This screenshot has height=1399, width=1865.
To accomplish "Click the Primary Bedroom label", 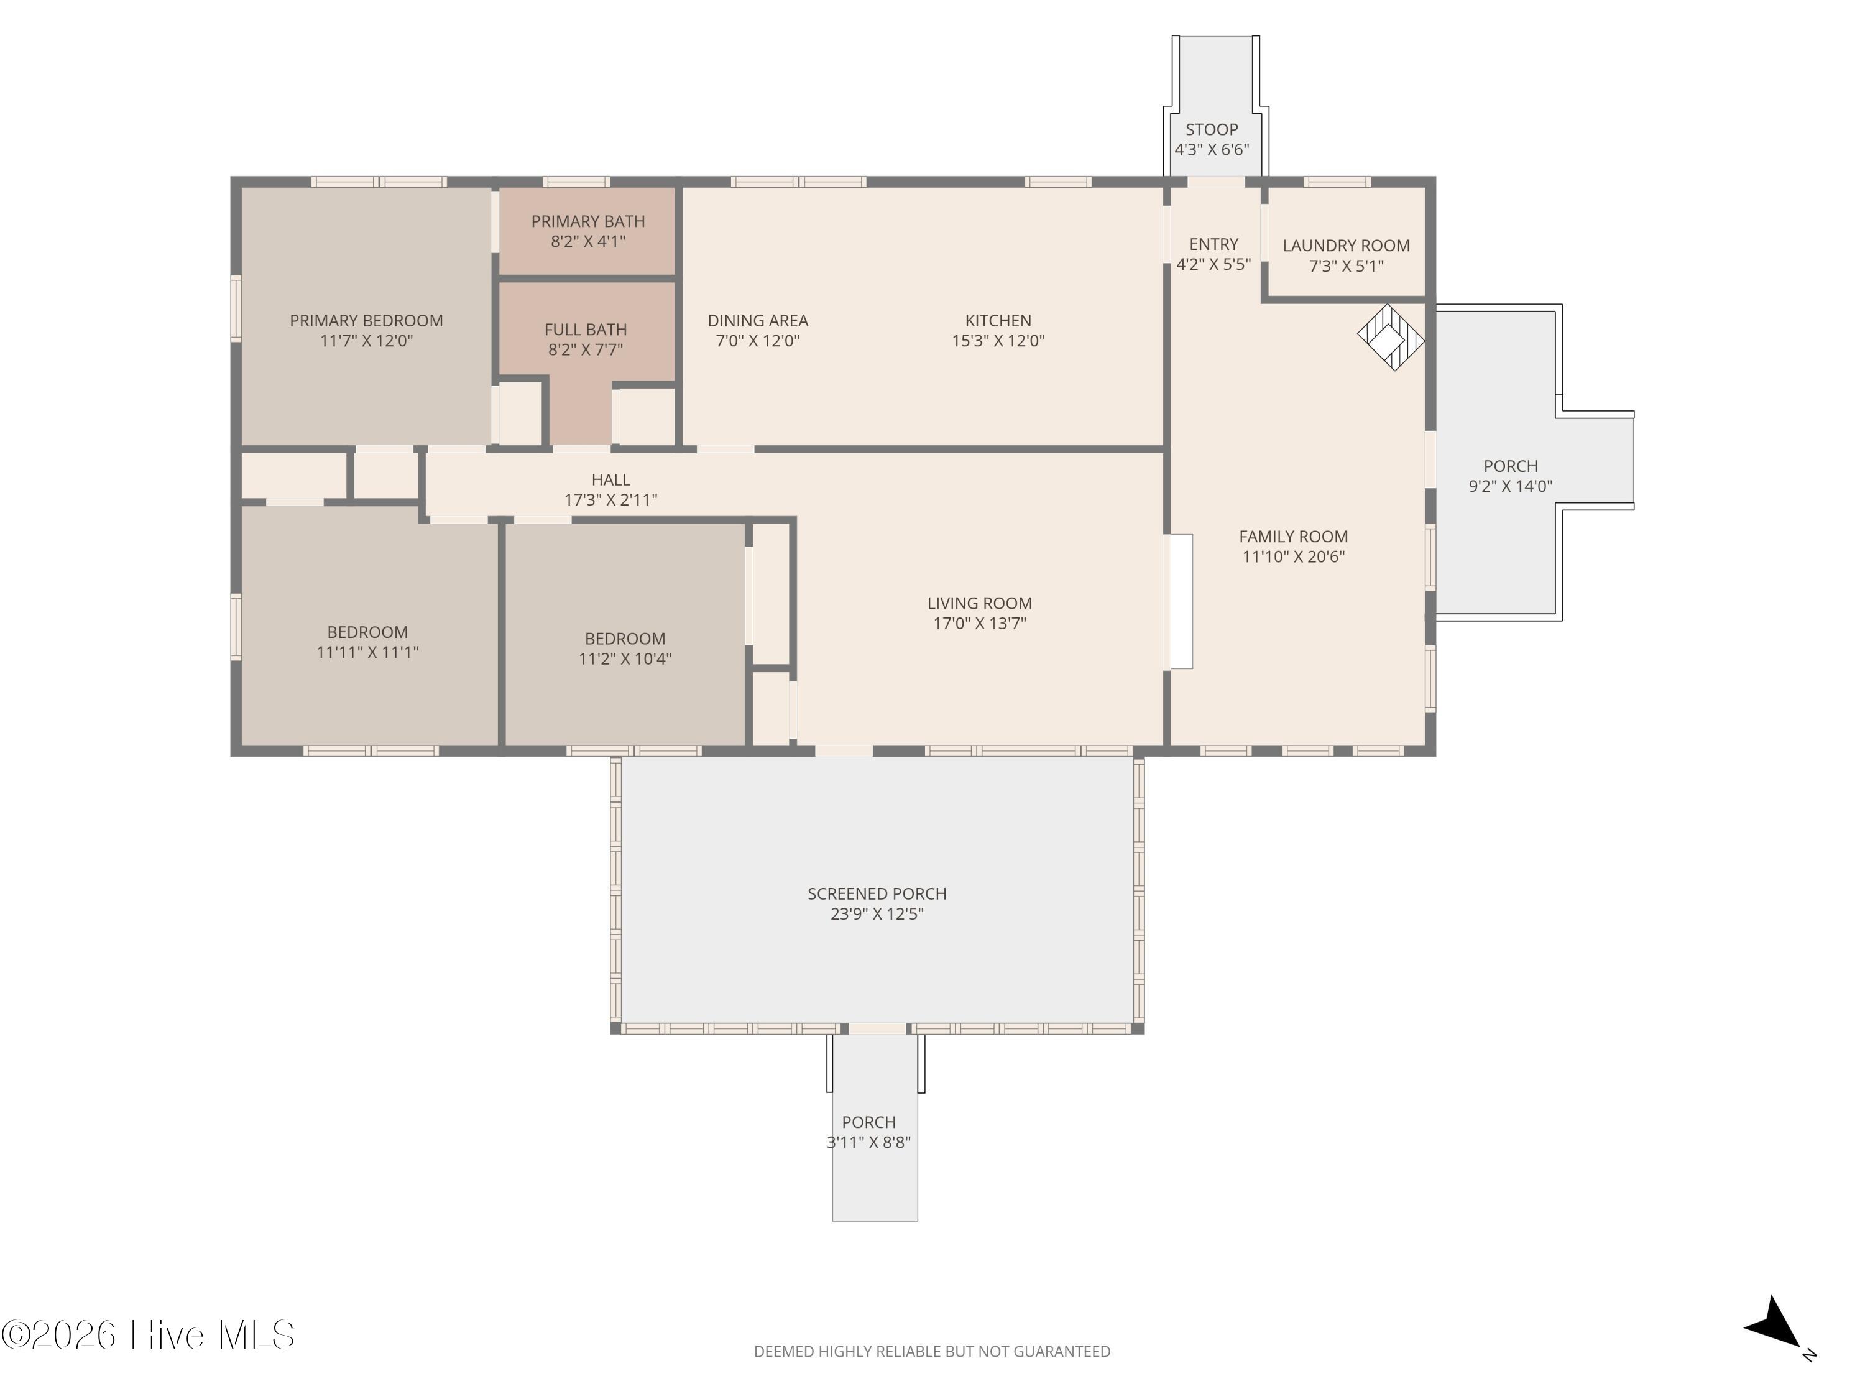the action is click(x=366, y=320).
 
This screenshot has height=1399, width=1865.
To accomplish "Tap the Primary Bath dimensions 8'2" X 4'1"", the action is click(x=587, y=242).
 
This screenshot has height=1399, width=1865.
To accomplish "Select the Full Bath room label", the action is click(x=585, y=330).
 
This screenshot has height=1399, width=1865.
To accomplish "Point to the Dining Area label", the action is click(x=757, y=320).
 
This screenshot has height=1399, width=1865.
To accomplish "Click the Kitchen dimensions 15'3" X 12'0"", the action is click(x=998, y=341).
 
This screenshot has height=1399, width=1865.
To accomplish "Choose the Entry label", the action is click(x=1213, y=244).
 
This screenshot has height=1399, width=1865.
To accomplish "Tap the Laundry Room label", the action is click(x=1346, y=246).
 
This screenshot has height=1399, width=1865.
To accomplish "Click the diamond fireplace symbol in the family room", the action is click(x=1390, y=337).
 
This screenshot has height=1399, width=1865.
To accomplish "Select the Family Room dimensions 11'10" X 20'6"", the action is click(x=1293, y=556).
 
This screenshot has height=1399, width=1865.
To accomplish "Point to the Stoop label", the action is click(x=1212, y=129).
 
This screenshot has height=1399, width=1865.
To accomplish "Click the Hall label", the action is click(x=610, y=479).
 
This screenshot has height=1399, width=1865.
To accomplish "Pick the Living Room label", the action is click(x=979, y=603).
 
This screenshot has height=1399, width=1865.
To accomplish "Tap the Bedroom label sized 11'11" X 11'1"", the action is click(x=367, y=632).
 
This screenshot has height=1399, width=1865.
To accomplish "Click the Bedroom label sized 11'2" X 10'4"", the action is click(x=625, y=639).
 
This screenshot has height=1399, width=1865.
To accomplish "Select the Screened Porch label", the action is click(x=877, y=893).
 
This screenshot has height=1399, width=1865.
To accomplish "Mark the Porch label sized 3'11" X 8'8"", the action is click(x=868, y=1122).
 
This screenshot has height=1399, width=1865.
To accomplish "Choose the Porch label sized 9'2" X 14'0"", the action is click(x=1510, y=466).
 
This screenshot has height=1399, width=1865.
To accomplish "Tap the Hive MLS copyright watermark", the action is click(x=149, y=1335).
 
